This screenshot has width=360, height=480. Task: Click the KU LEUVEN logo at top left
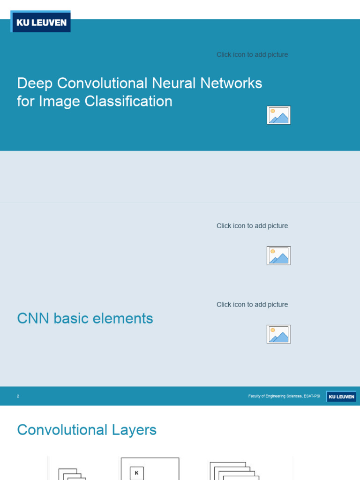pyautogui.click(x=41, y=22)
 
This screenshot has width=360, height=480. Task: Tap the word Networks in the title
pyautogui.click(x=231, y=83)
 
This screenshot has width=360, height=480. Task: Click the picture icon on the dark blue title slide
pyautogui.click(x=278, y=115)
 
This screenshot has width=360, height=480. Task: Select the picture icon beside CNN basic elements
pyautogui.click(x=278, y=334)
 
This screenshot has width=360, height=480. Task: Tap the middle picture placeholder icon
pyautogui.click(x=278, y=255)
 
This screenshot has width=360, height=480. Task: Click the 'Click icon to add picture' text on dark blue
pyautogui.click(x=252, y=55)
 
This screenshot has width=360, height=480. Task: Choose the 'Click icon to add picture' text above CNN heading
pyautogui.click(x=252, y=305)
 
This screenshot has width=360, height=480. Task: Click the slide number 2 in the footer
pyautogui.click(x=18, y=396)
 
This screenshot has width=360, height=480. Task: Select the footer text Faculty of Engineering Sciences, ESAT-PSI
pyautogui.click(x=284, y=396)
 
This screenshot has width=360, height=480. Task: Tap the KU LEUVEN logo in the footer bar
pyautogui.click(x=341, y=397)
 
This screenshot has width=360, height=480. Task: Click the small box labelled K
pyautogui.click(x=136, y=473)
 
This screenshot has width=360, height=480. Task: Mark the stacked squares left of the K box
pyautogui.click(x=72, y=474)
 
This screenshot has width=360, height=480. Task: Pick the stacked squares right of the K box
pyautogui.click(x=231, y=471)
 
